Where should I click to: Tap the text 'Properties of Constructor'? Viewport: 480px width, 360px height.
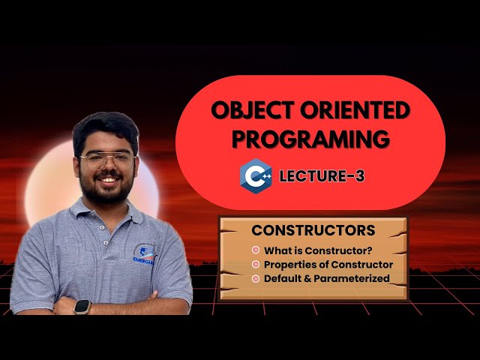point(328,265)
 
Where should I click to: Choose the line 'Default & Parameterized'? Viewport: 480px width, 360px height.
point(326,278)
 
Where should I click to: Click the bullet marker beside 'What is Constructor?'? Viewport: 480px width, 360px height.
point(256,250)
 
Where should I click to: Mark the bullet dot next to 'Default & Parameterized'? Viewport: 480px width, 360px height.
point(256,278)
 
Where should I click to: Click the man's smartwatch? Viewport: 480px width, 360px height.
point(82,307)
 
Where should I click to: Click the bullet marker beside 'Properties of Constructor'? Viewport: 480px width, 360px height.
point(256,265)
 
